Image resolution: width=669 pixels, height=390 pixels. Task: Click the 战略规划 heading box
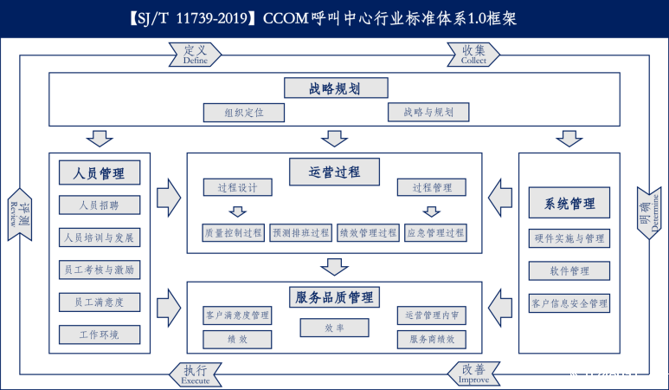(x=334, y=88)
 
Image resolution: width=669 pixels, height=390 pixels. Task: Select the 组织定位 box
(x=243, y=113)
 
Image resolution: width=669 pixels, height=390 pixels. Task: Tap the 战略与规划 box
(x=428, y=112)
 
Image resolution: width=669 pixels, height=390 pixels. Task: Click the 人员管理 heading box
(x=100, y=172)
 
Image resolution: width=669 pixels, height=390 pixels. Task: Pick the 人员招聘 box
(x=99, y=205)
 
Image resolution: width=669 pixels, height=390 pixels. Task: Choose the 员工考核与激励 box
(x=99, y=270)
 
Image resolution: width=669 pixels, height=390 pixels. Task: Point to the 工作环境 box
(x=99, y=335)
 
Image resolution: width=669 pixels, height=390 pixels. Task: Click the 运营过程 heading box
(x=334, y=171)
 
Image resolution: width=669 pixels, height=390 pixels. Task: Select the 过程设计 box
(x=238, y=187)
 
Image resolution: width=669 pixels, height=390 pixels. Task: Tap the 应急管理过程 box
(x=434, y=233)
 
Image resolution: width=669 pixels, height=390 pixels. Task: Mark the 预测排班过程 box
(x=300, y=233)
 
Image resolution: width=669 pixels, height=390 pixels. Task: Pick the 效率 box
(x=334, y=328)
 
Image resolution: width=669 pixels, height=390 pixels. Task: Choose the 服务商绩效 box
(x=432, y=340)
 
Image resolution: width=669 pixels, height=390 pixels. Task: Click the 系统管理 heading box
(x=569, y=205)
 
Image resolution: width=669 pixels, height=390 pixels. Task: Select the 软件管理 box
(x=569, y=270)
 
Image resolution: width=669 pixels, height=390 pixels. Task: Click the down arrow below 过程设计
(x=237, y=211)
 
